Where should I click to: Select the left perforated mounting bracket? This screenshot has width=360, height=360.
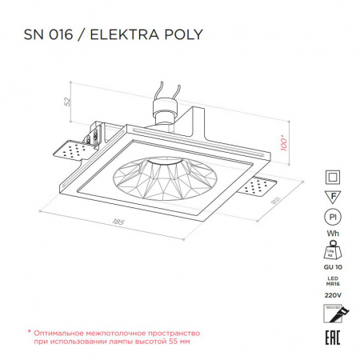[70, 150]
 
